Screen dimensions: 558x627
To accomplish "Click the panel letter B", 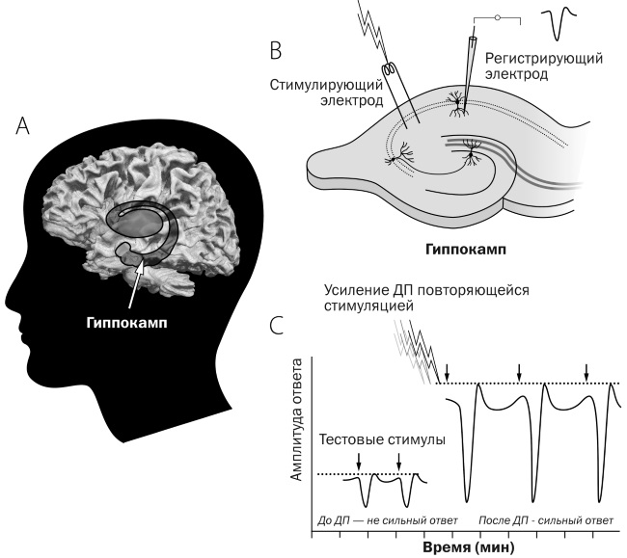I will coord(276,47).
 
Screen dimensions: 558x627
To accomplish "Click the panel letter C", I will coord(277,324).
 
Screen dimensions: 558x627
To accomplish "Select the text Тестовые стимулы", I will coord(382,439).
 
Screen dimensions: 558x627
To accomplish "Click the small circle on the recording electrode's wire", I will coord(497,17).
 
